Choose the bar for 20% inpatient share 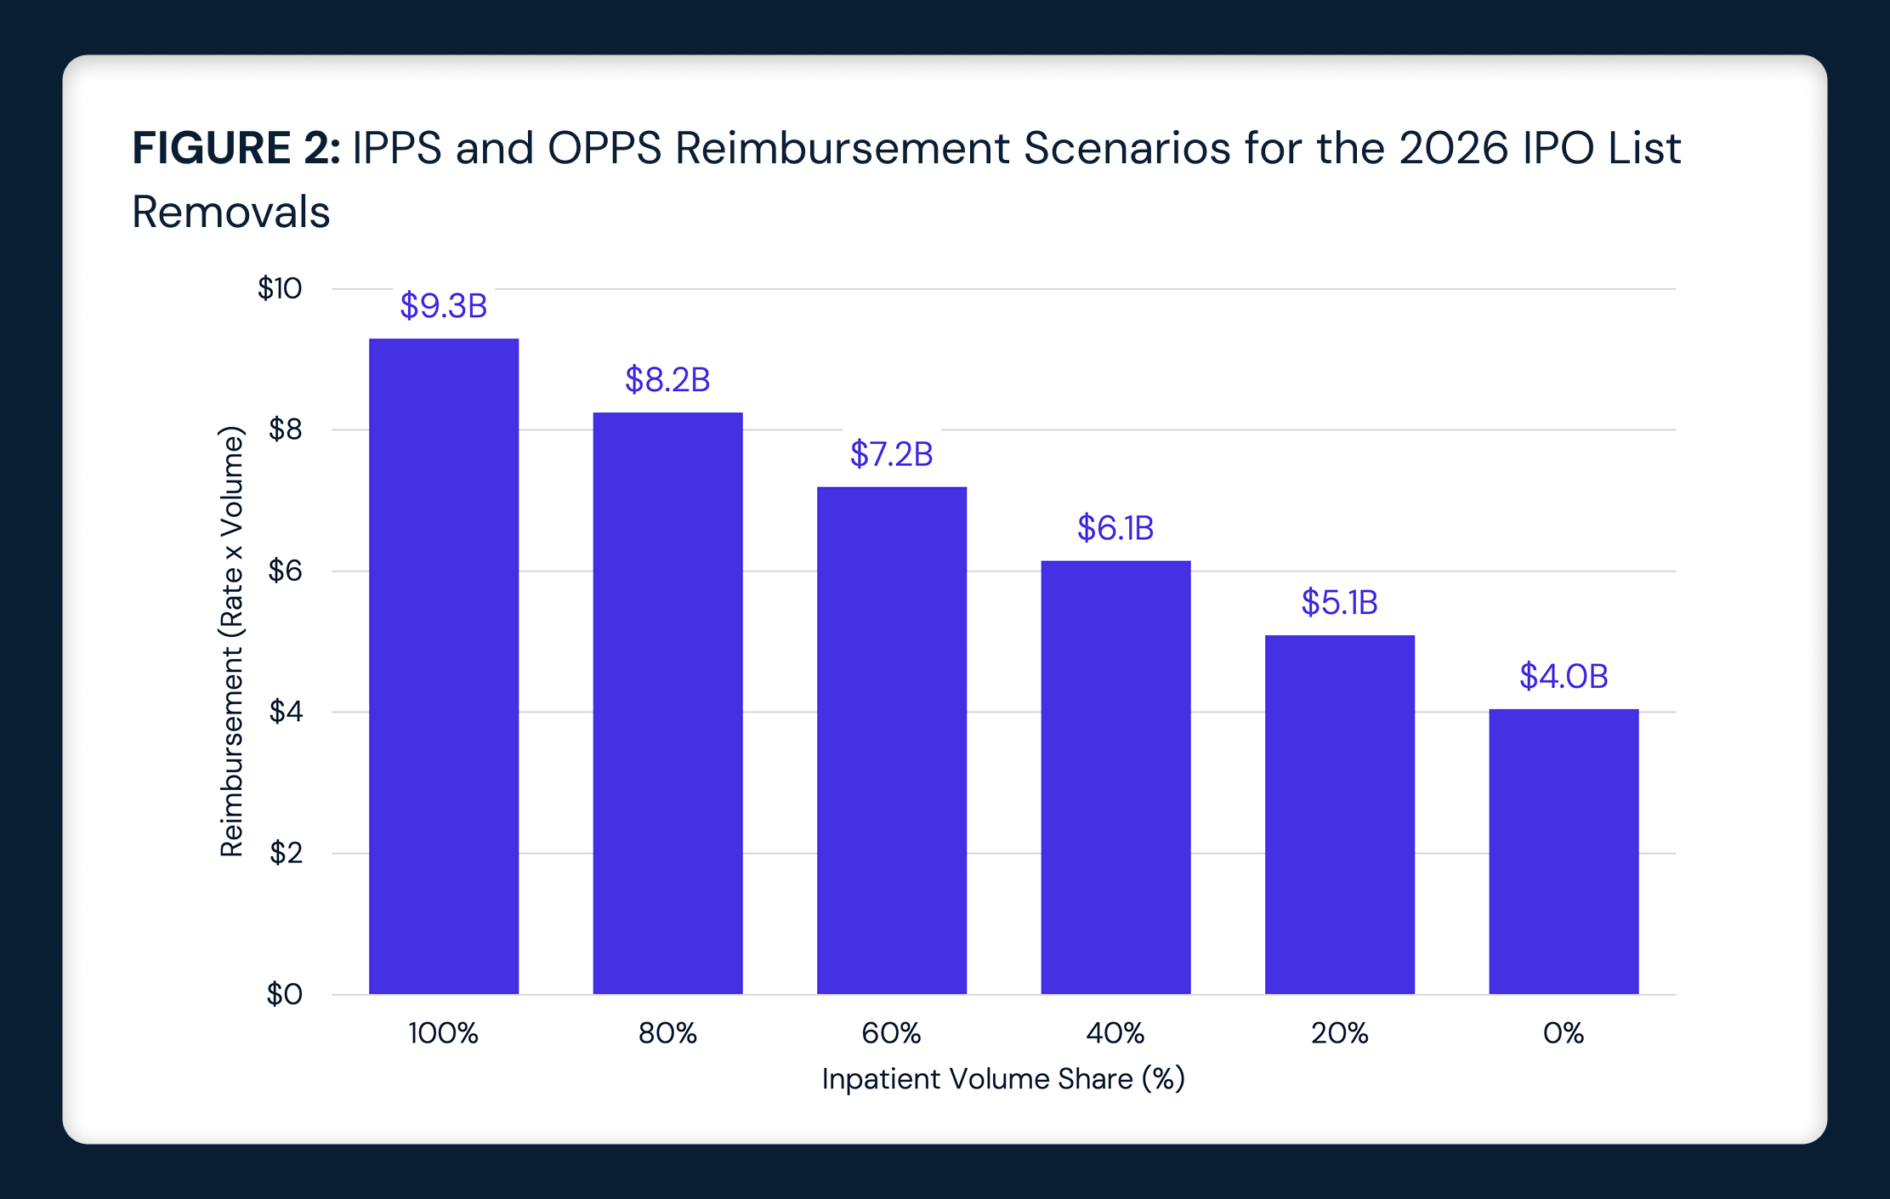[1339, 814]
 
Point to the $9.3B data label [443, 306]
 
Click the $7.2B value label [891, 454]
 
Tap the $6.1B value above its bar [1115, 528]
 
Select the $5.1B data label [1339, 602]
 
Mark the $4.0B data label [1564, 676]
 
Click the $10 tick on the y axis [280, 289]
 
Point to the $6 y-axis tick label [285, 571]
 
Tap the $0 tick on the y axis [285, 993]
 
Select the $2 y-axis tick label [286, 852]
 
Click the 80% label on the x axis [667, 1033]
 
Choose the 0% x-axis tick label [1564, 1033]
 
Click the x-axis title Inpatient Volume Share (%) [1003, 1079]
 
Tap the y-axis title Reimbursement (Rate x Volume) [232, 641]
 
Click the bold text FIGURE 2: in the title [236, 148]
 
